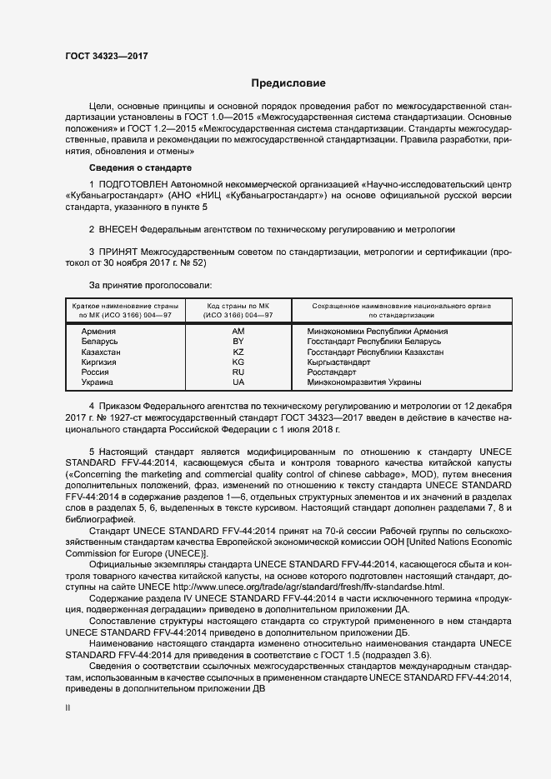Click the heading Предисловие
pyautogui.click(x=288, y=83)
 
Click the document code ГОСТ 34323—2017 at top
pyautogui.click(x=109, y=57)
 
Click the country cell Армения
pyautogui.click(x=98, y=331)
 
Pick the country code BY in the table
pyautogui.click(x=238, y=342)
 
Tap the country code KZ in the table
pyautogui.click(x=238, y=352)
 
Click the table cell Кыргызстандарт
pyautogui.click(x=339, y=362)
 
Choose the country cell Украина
pyautogui.click(x=97, y=382)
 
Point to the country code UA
pyautogui.click(x=238, y=382)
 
